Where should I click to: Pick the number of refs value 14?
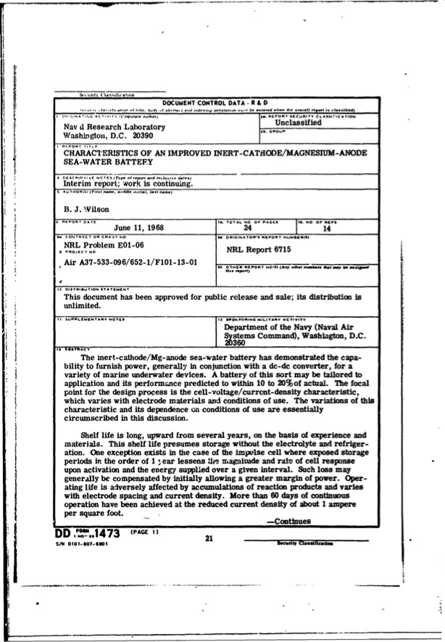pyautogui.click(x=326, y=226)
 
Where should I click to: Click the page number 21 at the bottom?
pyautogui.click(x=209, y=538)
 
